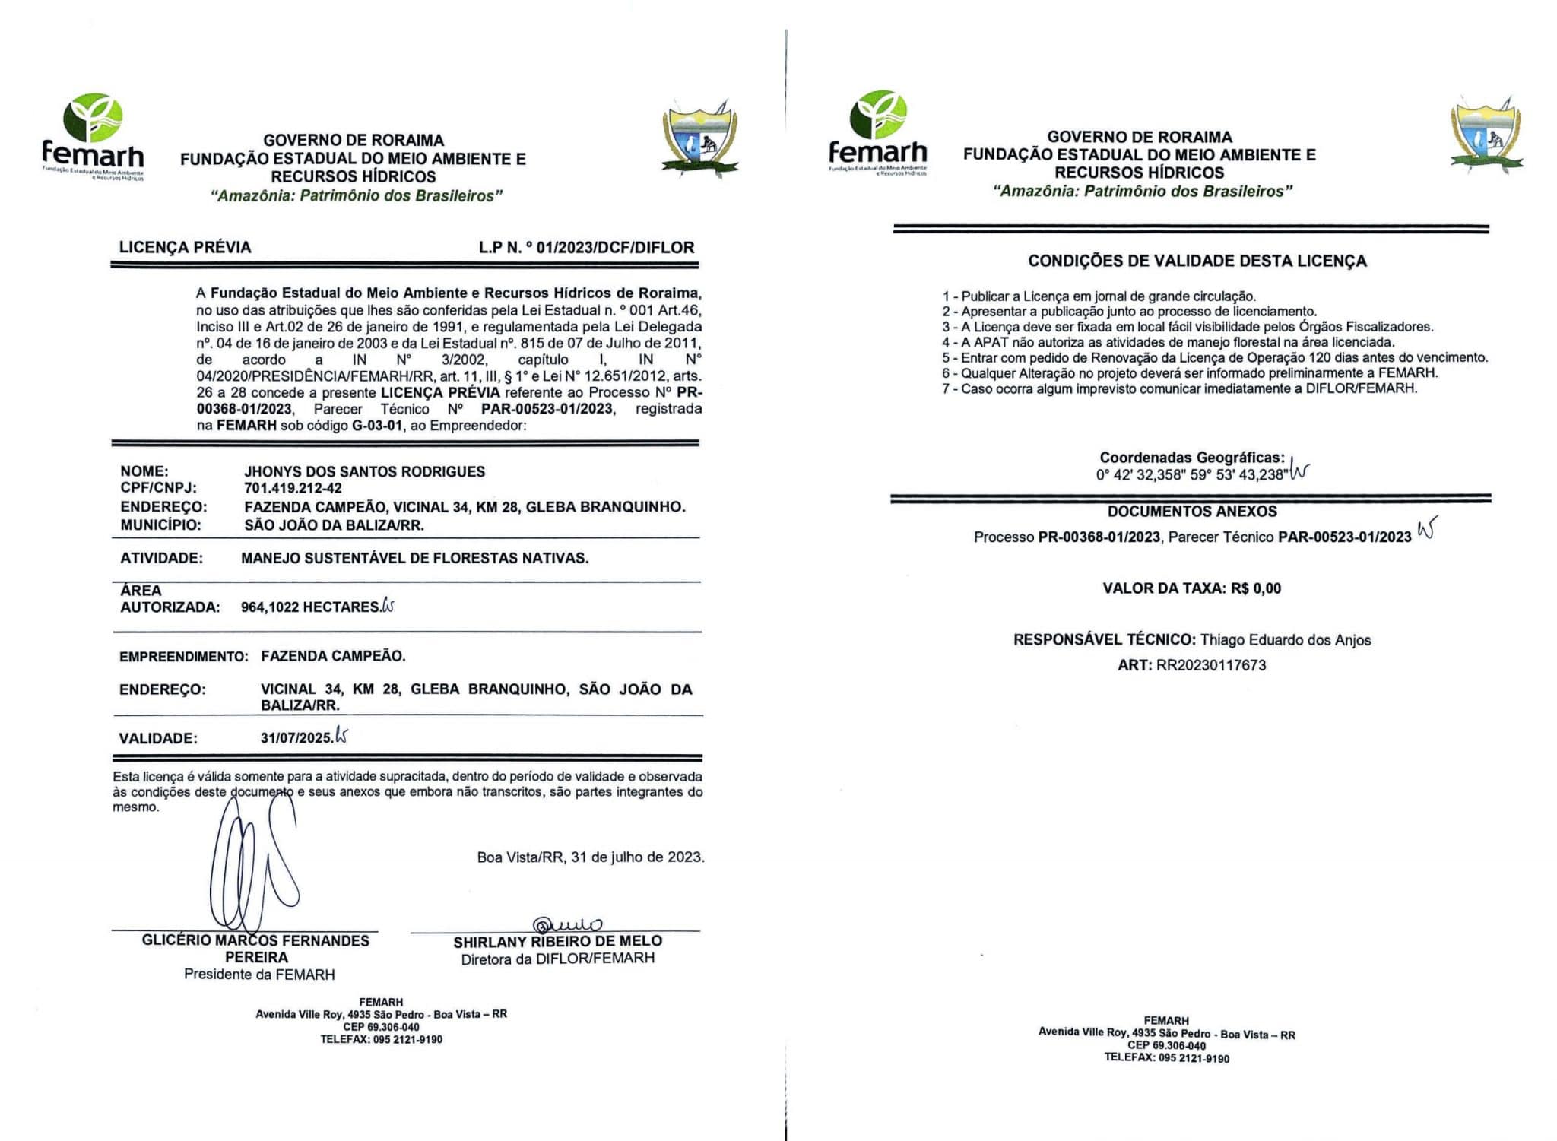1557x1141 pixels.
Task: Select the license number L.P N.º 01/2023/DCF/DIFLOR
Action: click(x=586, y=248)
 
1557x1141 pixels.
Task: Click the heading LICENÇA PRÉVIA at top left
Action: click(x=185, y=248)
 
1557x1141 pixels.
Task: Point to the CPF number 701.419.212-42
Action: click(x=293, y=489)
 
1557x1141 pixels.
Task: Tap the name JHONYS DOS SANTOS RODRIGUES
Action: click(x=364, y=471)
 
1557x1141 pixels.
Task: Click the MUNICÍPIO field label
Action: click(x=160, y=525)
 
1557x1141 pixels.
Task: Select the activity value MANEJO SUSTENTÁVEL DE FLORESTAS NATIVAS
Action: click(x=414, y=558)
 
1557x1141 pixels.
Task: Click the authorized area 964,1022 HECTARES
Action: click(x=310, y=607)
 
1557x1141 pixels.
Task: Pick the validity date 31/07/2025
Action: click(x=296, y=737)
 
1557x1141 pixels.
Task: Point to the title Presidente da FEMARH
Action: click(x=259, y=975)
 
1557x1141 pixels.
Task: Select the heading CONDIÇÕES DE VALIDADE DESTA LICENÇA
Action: click(x=1197, y=261)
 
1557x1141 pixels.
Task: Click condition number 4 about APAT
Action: click(x=1168, y=343)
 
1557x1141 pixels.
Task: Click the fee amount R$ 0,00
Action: click(x=1256, y=588)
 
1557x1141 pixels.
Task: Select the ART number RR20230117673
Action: click(x=1211, y=666)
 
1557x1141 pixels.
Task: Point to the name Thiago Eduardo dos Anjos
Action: click(x=1286, y=640)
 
